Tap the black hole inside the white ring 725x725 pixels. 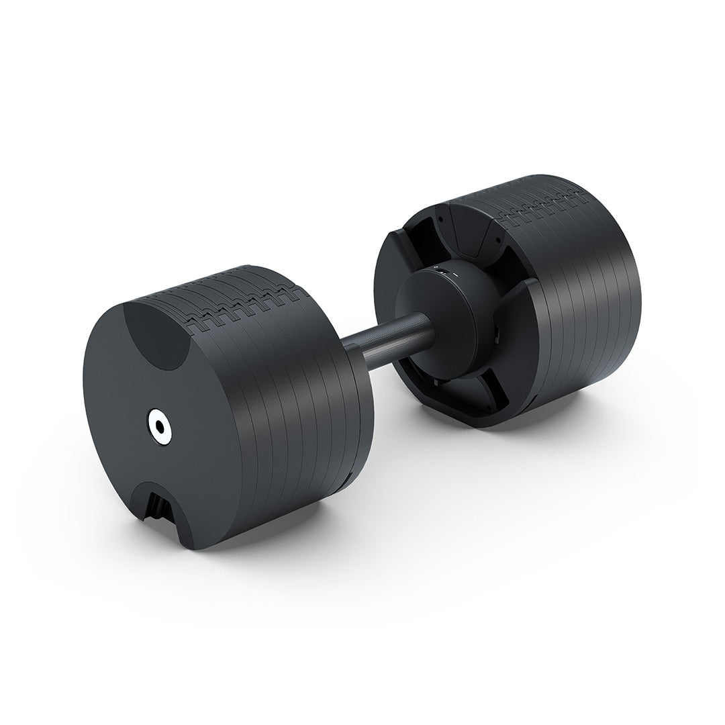point(159,424)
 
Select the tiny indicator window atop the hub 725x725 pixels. point(442,269)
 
